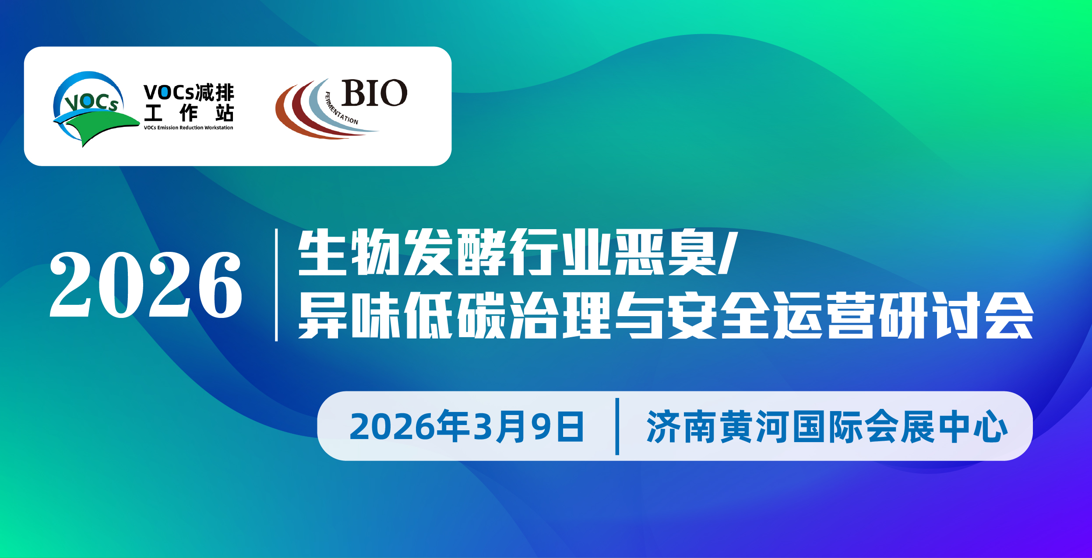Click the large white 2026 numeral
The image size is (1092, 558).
(x=146, y=285)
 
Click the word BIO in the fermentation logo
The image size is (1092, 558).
(x=374, y=93)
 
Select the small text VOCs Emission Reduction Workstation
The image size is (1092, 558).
(x=188, y=128)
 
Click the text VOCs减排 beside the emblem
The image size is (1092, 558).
(x=189, y=93)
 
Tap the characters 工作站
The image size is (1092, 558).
(x=189, y=113)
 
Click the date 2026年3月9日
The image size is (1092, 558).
(x=466, y=426)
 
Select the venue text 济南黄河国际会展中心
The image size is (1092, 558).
(x=828, y=426)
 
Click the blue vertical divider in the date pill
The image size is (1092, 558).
(x=617, y=426)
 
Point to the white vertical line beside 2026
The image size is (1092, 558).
(x=276, y=285)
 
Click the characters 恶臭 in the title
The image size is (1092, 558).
(x=666, y=252)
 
